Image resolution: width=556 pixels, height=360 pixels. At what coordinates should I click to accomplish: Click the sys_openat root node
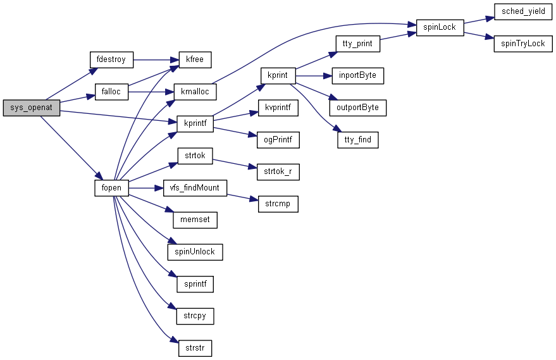coord(31,108)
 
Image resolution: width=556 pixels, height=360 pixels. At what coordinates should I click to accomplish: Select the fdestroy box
coord(111,59)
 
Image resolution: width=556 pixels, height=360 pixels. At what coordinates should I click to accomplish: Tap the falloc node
coord(111,92)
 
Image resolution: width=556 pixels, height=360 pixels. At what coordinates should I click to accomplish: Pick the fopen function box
coord(111,188)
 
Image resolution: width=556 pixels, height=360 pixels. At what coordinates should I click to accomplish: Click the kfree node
coord(195,59)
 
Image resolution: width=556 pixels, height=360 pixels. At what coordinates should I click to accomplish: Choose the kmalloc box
coord(195,92)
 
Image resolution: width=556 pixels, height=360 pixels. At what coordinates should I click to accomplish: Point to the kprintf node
coord(195,123)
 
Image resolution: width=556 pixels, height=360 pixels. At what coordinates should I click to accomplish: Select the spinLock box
coord(440,27)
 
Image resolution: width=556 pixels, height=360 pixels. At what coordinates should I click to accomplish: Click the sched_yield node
coord(523,11)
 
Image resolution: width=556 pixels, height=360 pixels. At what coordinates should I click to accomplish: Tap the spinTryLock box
coord(523,44)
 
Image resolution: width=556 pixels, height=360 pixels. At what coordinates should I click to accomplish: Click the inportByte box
coord(357,75)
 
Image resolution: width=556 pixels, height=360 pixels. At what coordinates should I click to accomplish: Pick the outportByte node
coord(357,108)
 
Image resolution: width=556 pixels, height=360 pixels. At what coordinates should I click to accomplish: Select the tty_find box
coord(357,140)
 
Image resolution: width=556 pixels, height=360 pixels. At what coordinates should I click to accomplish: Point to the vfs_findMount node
coord(195,188)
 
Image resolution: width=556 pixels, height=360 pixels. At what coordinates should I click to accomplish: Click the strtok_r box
coord(273,171)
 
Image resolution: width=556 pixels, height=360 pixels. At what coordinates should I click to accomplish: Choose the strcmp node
coord(278,204)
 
